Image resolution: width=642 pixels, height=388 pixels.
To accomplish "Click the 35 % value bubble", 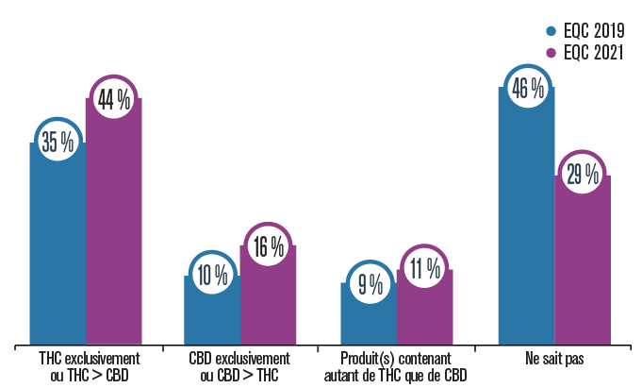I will tap(58, 142).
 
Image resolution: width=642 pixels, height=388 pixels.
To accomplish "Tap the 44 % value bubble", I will tap(114, 98).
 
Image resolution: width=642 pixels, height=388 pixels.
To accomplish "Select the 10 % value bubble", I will tap(213, 275).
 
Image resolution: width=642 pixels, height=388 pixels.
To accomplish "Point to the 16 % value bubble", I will tap(269, 246).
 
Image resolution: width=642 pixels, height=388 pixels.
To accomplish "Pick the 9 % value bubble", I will tap(370, 282).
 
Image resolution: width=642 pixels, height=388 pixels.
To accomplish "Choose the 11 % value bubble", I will tap(425, 269).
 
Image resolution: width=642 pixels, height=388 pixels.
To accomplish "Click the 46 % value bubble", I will tap(526, 88).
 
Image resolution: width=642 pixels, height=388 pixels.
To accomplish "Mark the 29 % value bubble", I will tap(583, 175).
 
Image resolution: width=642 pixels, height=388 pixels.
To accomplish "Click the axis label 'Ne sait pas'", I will tap(554, 360).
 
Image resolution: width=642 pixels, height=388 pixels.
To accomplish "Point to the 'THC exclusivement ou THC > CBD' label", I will tap(86, 367).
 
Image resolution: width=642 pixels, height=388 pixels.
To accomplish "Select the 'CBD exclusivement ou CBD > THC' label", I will tap(240, 367).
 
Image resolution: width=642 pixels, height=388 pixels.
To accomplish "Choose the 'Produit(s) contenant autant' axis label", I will tap(397, 367).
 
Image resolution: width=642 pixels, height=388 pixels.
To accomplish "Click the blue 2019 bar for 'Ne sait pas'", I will tap(526, 227).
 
